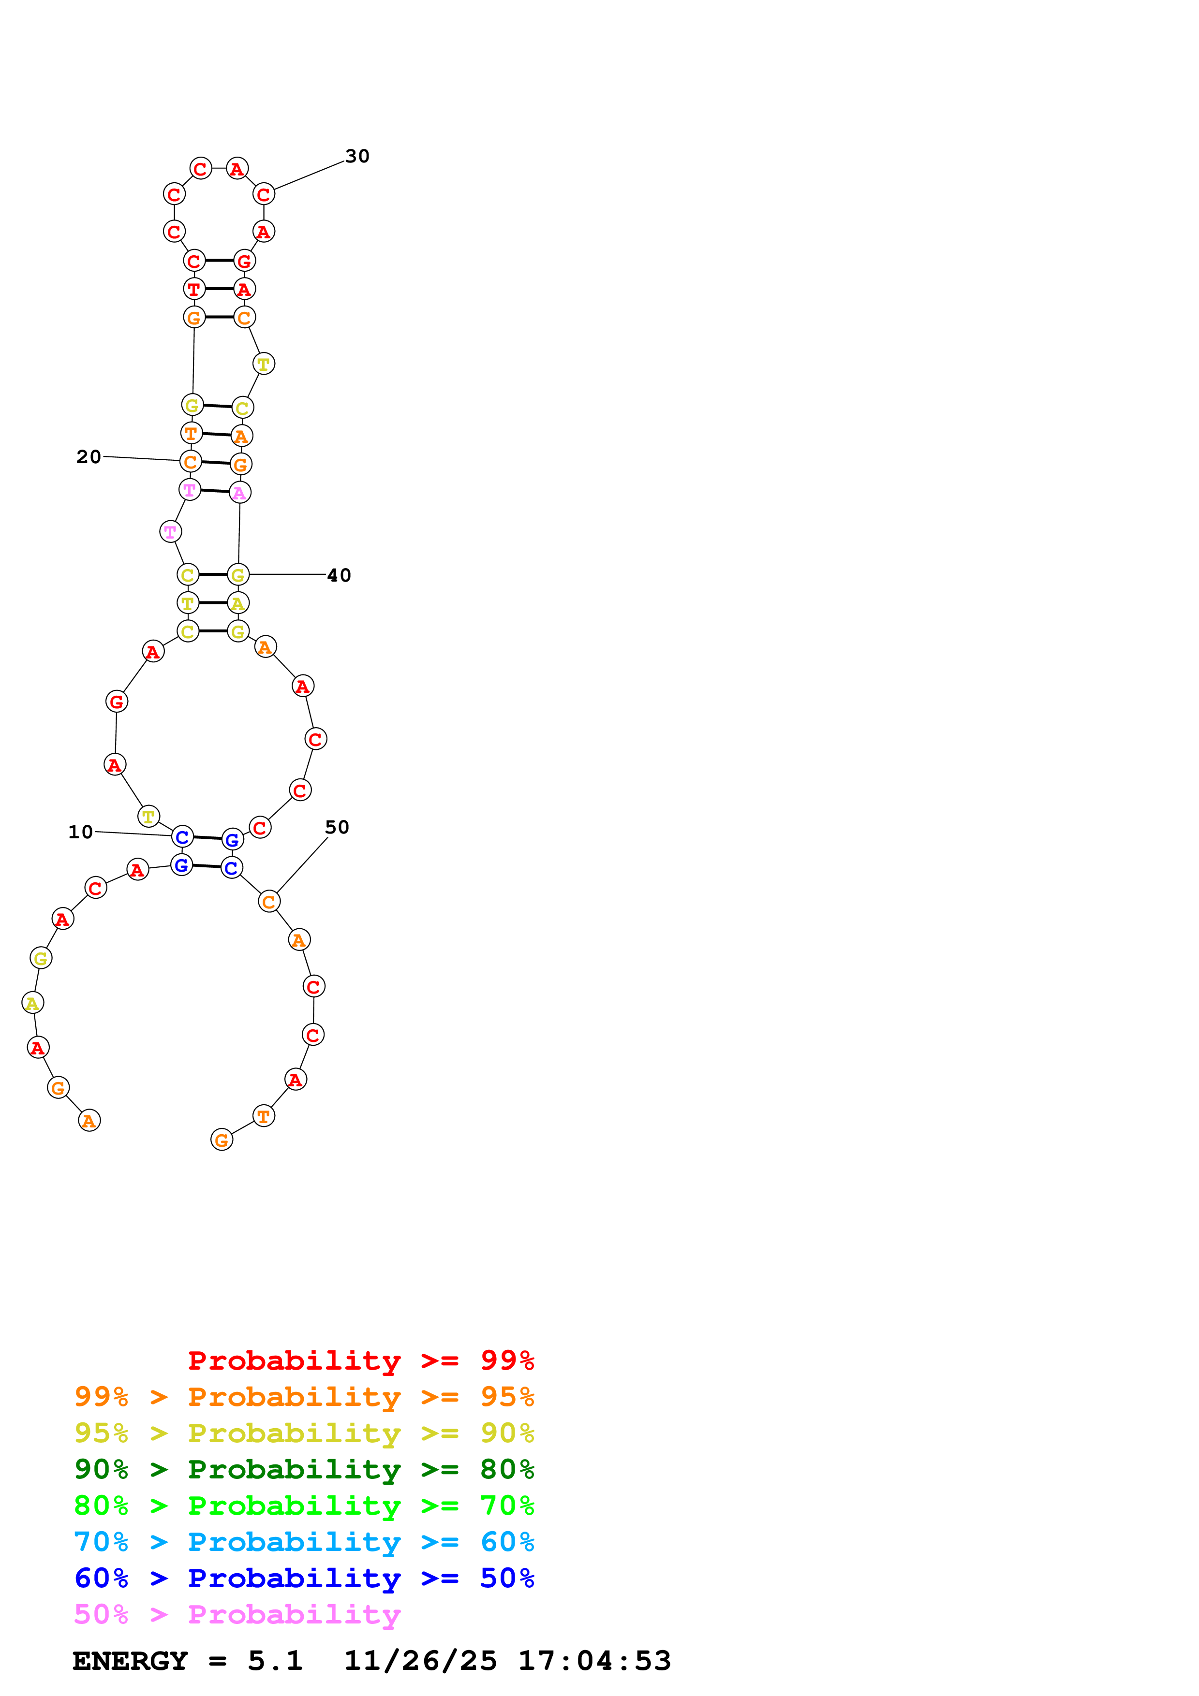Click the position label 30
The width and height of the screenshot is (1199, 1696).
tap(357, 156)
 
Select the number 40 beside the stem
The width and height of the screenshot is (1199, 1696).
tap(339, 575)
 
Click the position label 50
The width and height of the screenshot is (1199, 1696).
tap(337, 827)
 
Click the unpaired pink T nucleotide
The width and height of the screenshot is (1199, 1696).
tap(171, 531)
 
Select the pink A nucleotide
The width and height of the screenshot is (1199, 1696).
tap(239, 492)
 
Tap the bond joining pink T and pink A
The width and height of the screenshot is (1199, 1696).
tap(214, 491)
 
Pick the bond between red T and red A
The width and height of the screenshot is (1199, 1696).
tap(219, 289)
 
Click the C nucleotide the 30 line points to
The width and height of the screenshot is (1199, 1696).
tap(264, 194)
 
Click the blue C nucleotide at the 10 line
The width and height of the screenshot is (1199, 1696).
tap(182, 837)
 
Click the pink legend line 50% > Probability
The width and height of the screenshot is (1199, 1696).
tap(237, 1614)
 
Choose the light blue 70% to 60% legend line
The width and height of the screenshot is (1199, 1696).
tap(304, 1542)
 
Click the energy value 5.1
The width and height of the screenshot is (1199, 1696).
tap(275, 1661)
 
